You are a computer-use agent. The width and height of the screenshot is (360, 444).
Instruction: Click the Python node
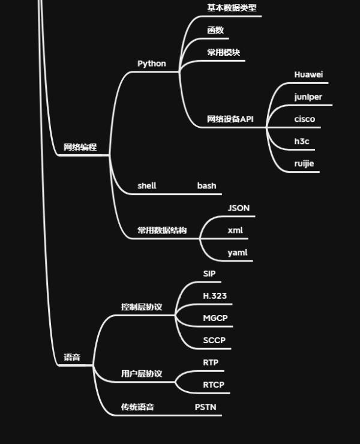click(151, 64)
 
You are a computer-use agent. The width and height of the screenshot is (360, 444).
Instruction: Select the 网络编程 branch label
click(80, 147)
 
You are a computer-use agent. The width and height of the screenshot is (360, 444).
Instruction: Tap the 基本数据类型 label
click(232, 8)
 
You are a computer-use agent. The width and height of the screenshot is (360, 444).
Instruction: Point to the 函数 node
click(215, 30)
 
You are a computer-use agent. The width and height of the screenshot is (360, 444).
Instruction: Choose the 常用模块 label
click(223, 52)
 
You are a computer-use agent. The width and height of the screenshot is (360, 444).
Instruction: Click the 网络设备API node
click(230, 119)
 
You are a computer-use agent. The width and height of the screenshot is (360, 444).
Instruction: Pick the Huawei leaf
click(308, 74)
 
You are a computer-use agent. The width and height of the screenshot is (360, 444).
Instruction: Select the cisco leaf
click(304, 119)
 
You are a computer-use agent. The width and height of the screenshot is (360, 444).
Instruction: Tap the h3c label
click(301, 141)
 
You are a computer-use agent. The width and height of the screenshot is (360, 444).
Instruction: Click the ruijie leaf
click(304, 163)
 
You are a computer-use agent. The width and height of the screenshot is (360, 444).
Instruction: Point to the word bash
click(206, 185)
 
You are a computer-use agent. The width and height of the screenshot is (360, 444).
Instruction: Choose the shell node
click(146, 185)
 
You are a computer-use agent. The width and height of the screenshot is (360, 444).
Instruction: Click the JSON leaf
click(238, 208)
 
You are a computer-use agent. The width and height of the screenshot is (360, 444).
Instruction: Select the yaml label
click(237, 253)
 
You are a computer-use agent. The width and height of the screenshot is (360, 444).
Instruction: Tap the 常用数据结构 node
click(161, 230)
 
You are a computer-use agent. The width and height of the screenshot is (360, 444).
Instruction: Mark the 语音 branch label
click(72, 358)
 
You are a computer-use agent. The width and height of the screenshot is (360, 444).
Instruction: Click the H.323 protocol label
click(215, 296)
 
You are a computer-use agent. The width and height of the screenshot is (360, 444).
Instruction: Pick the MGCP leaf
click(215, 318)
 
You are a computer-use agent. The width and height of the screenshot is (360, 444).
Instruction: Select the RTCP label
click(214, 385)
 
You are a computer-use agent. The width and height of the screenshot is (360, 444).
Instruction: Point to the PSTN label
click(205, 407)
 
